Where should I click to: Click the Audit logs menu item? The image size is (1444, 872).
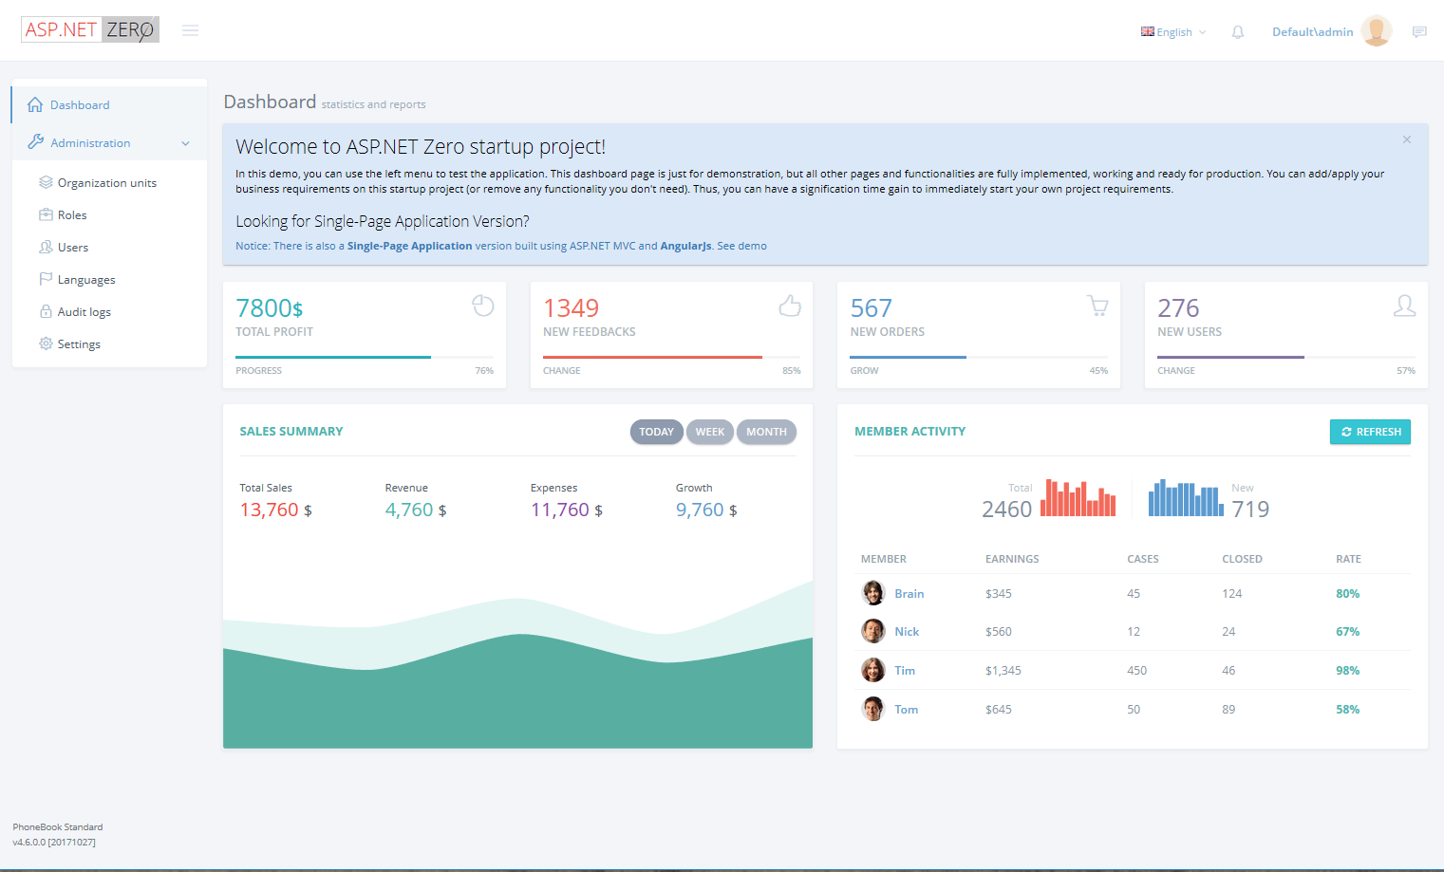[84, 312]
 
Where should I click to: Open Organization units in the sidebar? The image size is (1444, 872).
[106, 183]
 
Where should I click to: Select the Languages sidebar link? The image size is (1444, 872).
[85, 280]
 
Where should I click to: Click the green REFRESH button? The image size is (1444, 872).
[1370, 432]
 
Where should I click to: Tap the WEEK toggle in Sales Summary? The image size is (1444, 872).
[709, 432]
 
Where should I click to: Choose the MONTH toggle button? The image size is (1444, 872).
[765, 432]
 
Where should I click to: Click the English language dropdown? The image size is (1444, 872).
[1173, 32]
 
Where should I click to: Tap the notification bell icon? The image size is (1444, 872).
[1238, 32]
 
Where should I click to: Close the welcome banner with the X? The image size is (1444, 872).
[1407, 139]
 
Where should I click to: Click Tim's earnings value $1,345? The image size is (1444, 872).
[1003, 671]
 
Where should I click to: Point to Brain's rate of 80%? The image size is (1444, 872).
[1347, 594]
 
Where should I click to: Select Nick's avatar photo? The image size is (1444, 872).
[873, 631]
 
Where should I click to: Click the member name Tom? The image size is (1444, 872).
[906, 710]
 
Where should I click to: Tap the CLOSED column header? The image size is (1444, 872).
[1242, 559]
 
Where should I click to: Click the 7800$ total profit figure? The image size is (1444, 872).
[270, 308]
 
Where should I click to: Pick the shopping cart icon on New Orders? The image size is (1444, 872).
[1097, 306]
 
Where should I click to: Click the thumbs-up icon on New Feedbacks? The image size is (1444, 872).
[790, 306]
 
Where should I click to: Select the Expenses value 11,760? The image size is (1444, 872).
[560, 510]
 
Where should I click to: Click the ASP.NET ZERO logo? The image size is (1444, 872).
[90, 30]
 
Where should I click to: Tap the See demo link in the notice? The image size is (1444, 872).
[741, 246]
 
